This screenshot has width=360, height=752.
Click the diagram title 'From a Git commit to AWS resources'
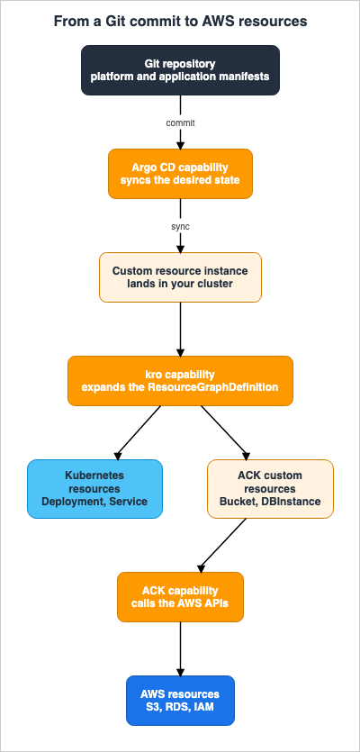coord(180,22)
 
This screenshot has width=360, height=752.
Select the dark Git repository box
coord(180,70)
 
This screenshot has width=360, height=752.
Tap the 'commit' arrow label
coord(180,122)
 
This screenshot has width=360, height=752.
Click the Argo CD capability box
coord(180,174)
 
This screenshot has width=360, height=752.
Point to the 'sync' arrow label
coord(180,226)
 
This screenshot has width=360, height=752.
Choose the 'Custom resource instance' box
coord(180,277)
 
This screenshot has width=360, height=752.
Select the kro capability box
coord(180,381)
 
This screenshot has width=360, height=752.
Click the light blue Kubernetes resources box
coord(94,489)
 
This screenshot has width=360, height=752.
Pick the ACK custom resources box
coord(270,489)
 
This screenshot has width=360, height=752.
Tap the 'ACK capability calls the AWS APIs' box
coord(180,596)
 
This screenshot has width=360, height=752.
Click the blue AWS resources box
coord(180,700)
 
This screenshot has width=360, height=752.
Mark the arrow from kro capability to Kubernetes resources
coord(138,432)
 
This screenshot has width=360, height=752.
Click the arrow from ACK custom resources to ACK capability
coord(222,545)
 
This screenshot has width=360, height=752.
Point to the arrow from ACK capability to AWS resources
coord(180,648)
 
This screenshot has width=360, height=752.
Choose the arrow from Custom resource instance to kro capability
coord(180,329)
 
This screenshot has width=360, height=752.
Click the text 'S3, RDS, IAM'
coord(180,707)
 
